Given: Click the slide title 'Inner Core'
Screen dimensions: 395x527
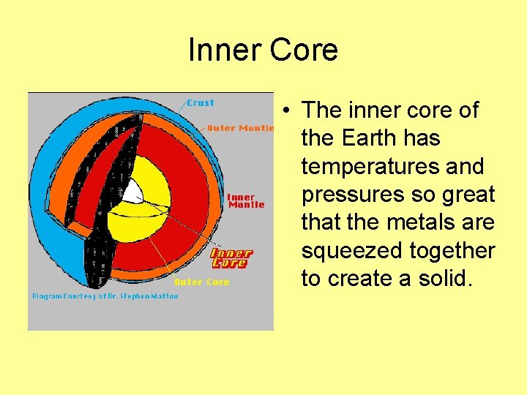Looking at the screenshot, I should [x=263, y=50].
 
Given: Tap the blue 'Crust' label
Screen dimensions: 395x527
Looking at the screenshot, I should [x=201, y=103].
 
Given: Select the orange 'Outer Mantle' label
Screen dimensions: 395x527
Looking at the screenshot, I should [x=241, y=128].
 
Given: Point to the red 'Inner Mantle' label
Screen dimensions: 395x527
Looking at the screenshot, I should [x=246, y=201].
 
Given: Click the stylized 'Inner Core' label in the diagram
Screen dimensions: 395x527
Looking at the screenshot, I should [x=231, y=258].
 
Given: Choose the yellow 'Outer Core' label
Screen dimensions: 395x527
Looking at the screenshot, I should [x=201, y=282].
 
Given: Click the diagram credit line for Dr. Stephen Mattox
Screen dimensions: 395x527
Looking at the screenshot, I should [x=105, y=296].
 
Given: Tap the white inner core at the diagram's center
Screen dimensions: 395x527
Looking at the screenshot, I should [x=133, y=192].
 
